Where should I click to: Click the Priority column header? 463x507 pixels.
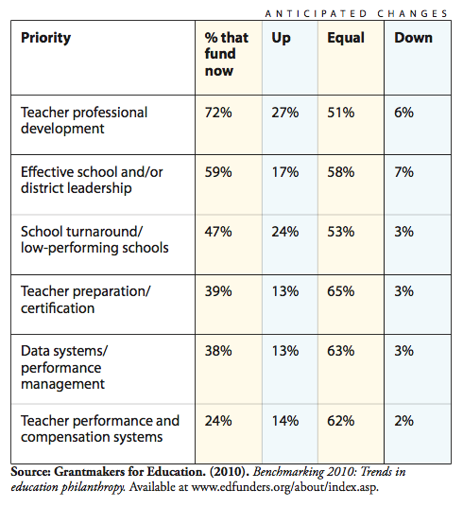(x=45, y=39)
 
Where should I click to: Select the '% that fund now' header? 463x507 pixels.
(x=226, y=54)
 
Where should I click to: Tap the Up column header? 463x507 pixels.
(x=281, y=39)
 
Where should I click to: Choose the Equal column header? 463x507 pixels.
(x=346, y=38)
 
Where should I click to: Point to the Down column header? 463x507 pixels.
(x=413, y=38)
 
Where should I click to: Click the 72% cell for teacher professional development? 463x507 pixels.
(x=218, y=113)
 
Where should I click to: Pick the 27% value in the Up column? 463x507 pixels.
(x=285, y=113)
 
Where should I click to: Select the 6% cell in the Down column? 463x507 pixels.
(x=403, y=113)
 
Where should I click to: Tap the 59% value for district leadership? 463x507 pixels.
(x=218, y=172)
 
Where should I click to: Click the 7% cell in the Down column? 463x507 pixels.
(x=403, y=172)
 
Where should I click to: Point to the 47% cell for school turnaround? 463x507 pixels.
(x=218, y=232)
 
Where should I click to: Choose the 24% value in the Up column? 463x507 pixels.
(x=285, y=232)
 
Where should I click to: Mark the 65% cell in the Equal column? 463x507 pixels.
(x=340, y=291)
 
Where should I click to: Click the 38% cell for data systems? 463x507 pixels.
(x=218, y=351)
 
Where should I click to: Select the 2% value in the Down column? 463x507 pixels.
(x=403, y=421)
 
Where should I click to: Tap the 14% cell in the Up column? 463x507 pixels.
(x=285, y=421)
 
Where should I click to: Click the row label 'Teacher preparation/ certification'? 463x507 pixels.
(x=86, y=300)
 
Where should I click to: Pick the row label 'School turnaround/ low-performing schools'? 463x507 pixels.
(x=94, y=240)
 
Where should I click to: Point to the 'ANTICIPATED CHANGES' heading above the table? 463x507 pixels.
(x=356, y=14)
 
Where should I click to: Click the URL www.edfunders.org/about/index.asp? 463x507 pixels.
(x=284, y=487)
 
